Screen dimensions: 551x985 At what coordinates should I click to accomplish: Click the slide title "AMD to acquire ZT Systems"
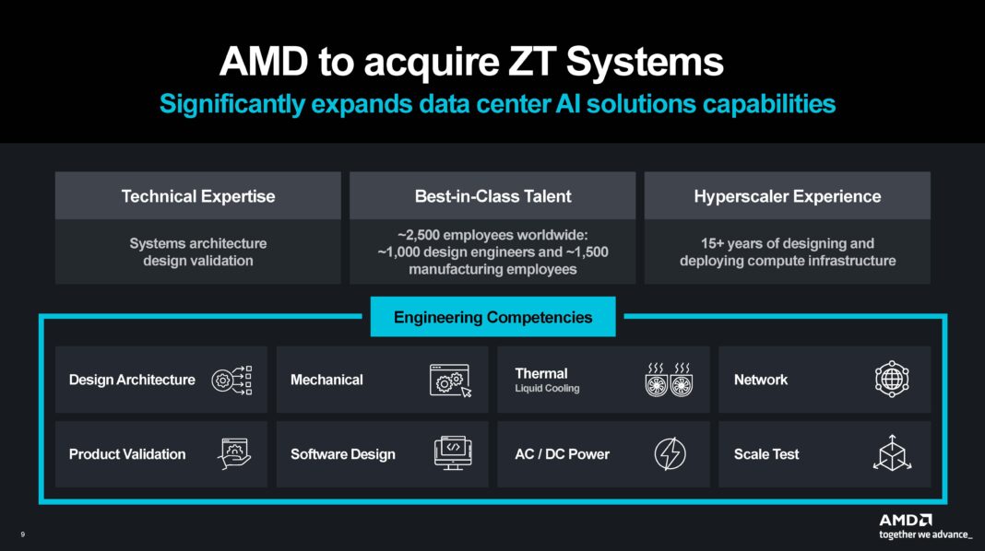point(470,63)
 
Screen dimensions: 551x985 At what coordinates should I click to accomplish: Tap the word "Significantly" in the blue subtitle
point(230,104)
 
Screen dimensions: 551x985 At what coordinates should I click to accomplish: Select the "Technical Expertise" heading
point(198,196)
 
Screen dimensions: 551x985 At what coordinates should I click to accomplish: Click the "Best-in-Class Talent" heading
point(492,196)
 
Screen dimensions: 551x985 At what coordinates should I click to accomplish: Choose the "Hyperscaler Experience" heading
point(787,196)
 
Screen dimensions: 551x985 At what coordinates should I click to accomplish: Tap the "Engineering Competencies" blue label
point(492,318)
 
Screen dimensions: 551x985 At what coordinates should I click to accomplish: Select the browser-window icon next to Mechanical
point(450,380)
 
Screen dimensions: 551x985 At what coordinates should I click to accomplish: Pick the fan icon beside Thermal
point(669,380)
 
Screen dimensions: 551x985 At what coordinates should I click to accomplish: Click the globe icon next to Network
point(892,380)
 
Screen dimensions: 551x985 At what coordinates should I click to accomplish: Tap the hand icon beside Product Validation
point(234,454)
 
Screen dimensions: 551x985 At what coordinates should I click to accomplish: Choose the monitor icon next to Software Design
point(453,453)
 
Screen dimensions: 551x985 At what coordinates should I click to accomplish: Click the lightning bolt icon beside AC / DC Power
point(670,454)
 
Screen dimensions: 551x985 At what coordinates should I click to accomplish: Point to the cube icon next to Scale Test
point(892,453)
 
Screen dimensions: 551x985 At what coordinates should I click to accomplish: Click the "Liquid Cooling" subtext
point(547,389)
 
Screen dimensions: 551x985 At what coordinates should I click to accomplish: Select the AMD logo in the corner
point(905,519)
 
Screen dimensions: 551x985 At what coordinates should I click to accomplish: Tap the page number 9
point(22,534)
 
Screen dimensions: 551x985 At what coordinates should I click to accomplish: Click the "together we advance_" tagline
point(924,534)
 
